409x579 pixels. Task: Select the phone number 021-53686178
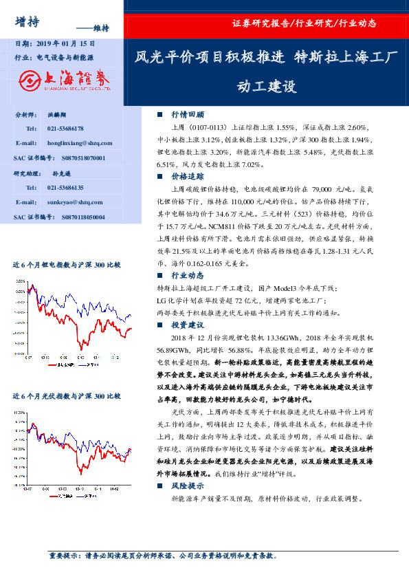coord(65,129)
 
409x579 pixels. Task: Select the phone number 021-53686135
coord(65,188)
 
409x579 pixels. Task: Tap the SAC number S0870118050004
coord(78,217)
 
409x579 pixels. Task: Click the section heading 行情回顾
coord(188,115)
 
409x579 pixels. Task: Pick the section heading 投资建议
coord(188,325)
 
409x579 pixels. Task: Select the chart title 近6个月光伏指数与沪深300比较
coord(66,397)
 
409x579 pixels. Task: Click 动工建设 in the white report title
coord(266,87)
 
